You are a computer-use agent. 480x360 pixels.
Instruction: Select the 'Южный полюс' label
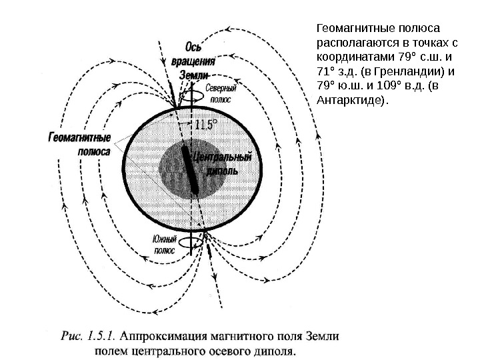pos(165,245)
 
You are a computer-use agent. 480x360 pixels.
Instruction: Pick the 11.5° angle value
pos(207,125)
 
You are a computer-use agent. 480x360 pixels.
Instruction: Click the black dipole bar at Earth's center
pos(190,170)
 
